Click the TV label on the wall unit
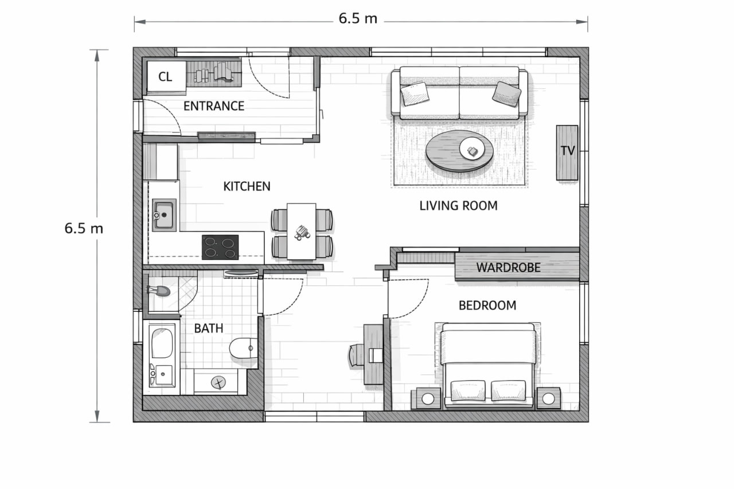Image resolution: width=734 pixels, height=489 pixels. click(x=568, y=151)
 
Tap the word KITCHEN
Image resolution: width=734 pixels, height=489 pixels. click(x=247, y=186)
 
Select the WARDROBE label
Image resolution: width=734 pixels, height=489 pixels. click(x=508, y=268)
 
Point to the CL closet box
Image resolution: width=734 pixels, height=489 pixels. click(x=166, y=77)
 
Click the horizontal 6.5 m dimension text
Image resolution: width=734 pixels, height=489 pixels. click(x=358, y=18)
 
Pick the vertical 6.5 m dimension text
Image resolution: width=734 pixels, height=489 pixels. click(x=84, y=228)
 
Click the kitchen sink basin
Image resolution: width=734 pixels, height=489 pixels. click(x=164, y=215)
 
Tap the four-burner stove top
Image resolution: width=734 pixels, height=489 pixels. click(x=220, y=247)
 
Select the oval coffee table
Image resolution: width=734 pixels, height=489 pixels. click(x=459, y=151)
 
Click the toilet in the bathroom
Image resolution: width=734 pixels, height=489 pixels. click(x=243, y=348)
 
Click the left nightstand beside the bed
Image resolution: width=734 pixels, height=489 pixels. click(x=427, y=398)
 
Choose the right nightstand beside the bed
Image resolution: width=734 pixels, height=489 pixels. click(x=548, y=398)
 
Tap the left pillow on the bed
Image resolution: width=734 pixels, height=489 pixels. click(x=468, y=390)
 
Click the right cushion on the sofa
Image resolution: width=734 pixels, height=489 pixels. click(x=506, y=94)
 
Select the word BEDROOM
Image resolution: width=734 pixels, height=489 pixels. click(x=487, y=306)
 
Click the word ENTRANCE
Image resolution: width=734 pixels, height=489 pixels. click(x=214, y=106)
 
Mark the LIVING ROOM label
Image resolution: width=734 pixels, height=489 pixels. click(x=458, y=206)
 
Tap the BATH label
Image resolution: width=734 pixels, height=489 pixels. click(x=208, y=328)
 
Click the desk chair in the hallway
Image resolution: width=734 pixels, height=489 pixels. click(x=357, y=355)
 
